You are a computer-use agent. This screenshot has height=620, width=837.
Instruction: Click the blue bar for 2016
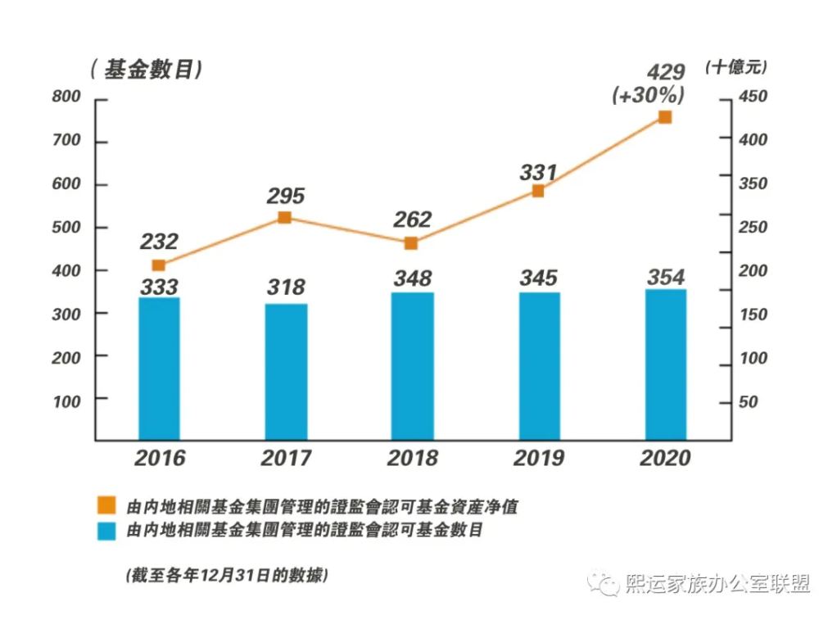pos(159,369)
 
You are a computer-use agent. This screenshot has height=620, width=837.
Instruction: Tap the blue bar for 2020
pos(665,364)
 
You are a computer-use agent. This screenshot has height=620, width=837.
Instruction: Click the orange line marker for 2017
pos(284,218)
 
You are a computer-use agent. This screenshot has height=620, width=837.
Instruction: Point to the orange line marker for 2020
pos(665,117)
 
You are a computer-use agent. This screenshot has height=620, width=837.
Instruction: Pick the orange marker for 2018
pos(411,243)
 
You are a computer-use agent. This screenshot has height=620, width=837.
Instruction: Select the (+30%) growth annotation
pos(649,94)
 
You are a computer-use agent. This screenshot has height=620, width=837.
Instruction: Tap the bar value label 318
pos(286,287)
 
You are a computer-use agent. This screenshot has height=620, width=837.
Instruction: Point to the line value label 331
pos(538,173)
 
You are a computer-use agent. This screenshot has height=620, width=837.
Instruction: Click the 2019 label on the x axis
pos(538,458)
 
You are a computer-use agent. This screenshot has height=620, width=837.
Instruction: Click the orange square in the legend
pos(106,505)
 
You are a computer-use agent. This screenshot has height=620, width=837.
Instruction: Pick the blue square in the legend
pos(106,531)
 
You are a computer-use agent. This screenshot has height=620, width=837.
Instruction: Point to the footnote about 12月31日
pos(227,575)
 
